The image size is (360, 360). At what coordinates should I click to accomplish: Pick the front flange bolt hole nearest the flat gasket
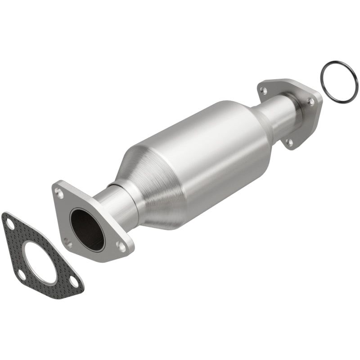coord(67,243)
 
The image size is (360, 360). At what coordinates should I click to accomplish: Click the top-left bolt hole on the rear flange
coord(264,90)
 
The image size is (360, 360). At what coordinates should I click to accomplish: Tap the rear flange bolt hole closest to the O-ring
coord(311,103)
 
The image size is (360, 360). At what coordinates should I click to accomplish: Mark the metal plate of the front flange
coord(103,252)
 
